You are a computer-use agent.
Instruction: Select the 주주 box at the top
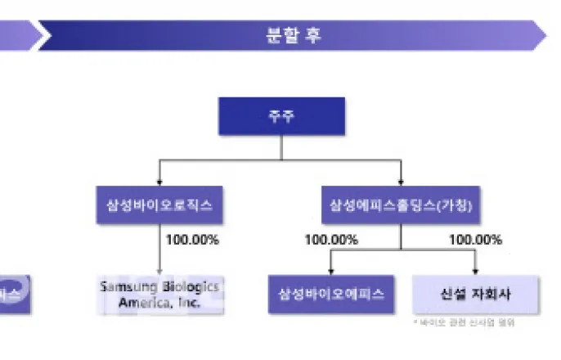click(280, 115)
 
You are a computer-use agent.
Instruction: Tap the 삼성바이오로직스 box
click(159, 205)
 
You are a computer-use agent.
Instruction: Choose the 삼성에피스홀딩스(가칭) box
click(401, 205)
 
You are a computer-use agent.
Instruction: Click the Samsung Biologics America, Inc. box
click(159, 293)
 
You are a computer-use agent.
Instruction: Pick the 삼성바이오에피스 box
click(330, 294)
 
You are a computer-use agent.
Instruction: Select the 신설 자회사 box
click(475, 294)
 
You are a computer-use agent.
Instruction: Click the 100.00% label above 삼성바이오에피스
click(331, 240)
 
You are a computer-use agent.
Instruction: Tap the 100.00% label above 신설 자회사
click(475, 240)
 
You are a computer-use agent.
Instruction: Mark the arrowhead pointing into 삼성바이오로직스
click(159, 183)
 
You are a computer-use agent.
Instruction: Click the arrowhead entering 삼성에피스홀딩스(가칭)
click(401, 183)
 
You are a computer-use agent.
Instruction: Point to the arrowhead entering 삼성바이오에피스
click(330, 271)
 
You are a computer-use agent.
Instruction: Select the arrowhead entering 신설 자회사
click(475, 271)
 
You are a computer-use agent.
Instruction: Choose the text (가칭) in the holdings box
click(451, 205)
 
